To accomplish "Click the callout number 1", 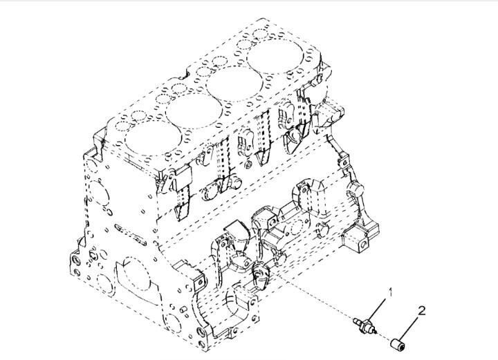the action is coord(391,292).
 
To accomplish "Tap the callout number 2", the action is coord(421,310).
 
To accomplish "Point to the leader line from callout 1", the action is coord(378,311).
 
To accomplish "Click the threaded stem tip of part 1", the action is coord(356,320).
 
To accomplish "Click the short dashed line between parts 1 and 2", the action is coord(384,337).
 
